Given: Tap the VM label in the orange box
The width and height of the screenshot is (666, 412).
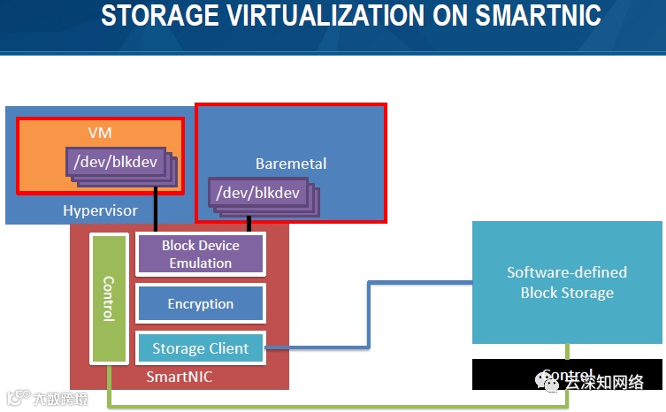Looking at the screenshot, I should pyautogui.click(x=99, y=133).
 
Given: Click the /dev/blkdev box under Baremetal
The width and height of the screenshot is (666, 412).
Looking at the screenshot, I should pyautogui.click(x=258, y=193).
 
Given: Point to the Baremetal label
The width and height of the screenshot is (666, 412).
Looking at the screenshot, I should pyautogui.click(x=291, y=163).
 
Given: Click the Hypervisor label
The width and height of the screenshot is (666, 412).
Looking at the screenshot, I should pyautogui.click(x=100, y=210).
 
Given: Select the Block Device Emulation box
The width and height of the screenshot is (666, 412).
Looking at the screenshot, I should pyautogui.click(x=200, y=255).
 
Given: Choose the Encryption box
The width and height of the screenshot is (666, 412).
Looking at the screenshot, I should pyautogui.click(x=201, y=303).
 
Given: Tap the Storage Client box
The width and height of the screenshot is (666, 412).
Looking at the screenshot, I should pyautogui.click(x=200, y=348).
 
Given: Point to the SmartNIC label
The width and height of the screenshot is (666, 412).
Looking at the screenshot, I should pyautogui.click(x=180, y=378).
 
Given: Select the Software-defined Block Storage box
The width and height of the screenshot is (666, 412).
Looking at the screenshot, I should pyautogui.click(x=567, y=282).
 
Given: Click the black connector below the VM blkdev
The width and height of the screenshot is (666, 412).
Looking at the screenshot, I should pyautogui.click(x=157, y=208).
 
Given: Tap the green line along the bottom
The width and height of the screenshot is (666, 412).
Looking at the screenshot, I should pyautogui.click(x=336, y=406).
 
